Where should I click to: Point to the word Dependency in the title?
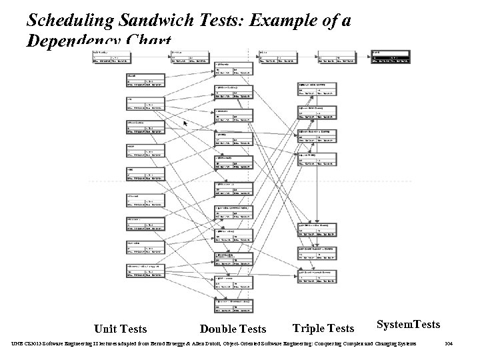pos(73,42)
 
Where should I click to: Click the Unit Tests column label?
pos(121,328)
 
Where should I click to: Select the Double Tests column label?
pos(233,329)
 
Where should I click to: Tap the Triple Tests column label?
pos(323,328)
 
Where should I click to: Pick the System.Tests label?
pos(408,324)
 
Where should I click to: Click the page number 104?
pos(448,344)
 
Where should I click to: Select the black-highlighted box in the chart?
pos(390,57)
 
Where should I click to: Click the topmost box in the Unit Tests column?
pos(145,81)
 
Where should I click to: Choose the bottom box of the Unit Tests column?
pos(145,272)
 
